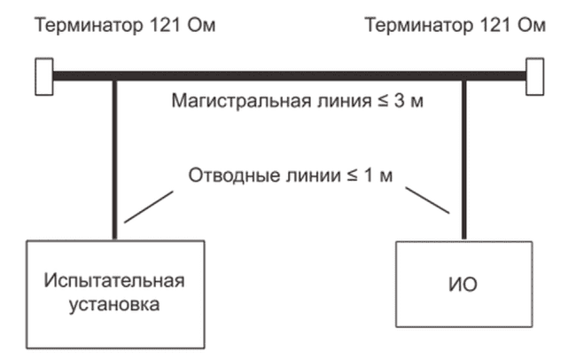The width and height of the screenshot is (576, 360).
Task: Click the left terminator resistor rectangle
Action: [x=41, y=75]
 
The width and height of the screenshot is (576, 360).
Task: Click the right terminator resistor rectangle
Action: [x=534, y=75]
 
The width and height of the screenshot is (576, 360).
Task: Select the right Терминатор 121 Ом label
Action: [x=456, y=24]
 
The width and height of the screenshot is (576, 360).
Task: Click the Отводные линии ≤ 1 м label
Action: [x=290, y=173]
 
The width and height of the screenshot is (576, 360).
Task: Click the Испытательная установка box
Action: [x=115, y=293]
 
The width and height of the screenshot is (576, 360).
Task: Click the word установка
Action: [x=115, y=306]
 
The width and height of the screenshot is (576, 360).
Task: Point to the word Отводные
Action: [x=225, y=173]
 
